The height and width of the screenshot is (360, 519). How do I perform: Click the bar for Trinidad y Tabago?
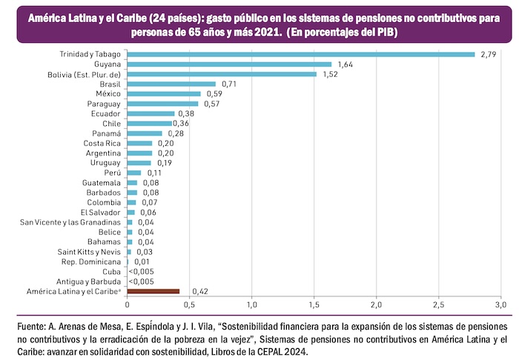point(300,54)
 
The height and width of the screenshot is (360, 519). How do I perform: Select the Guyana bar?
point(229,64)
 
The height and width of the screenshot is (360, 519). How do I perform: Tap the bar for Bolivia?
point(222,74)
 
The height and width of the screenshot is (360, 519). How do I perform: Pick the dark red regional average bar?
point(153,292)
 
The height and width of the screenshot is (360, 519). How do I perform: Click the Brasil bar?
point(171,84)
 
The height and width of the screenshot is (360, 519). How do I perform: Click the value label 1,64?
point(343,64)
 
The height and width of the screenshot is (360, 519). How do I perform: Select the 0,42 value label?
point(199,292)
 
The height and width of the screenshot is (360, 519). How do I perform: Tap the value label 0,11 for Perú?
point(153,173)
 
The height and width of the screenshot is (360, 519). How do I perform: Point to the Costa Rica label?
point(102,143)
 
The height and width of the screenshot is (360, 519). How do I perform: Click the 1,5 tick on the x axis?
point(314,304)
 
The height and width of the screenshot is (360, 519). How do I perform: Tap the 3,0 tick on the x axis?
point(501,304)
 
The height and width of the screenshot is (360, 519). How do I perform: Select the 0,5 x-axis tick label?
point(190,304)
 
